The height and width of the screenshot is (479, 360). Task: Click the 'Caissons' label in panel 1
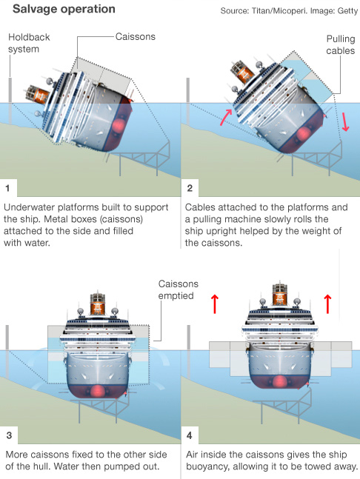[136, 36]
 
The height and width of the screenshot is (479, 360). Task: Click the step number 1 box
[8, 187]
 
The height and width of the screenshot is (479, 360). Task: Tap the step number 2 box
[190, 187]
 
